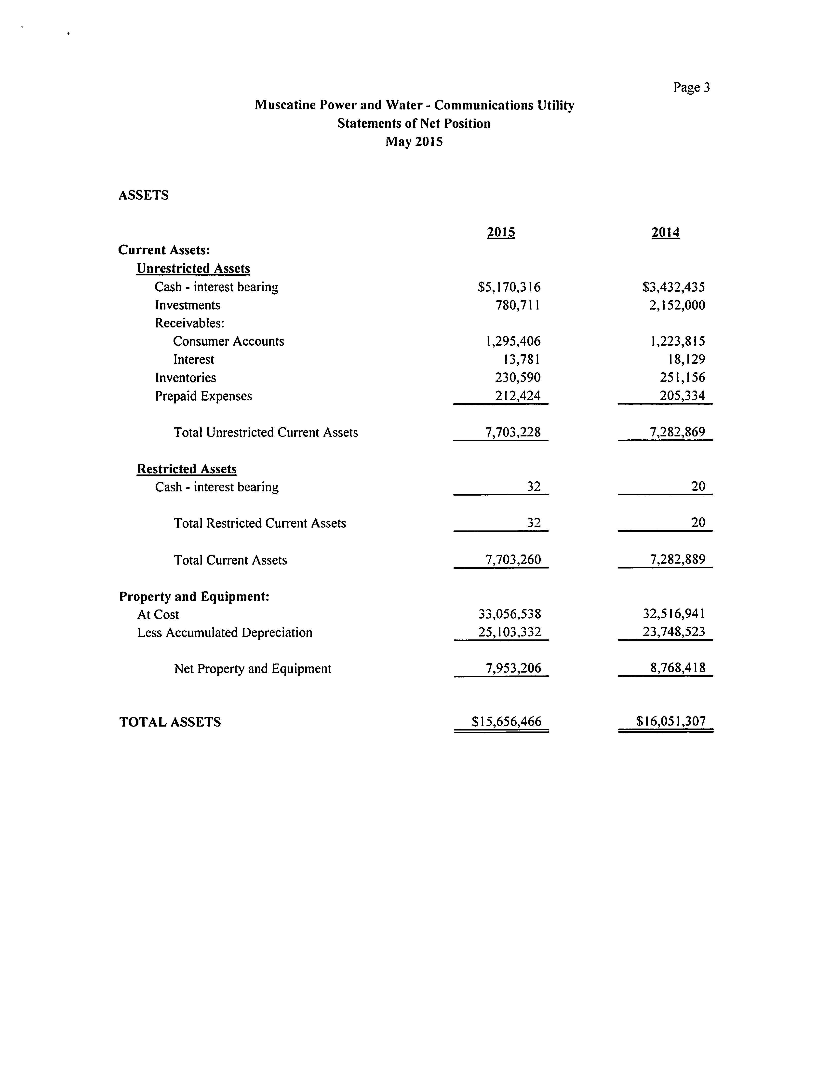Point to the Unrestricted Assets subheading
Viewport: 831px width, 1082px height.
[193, 269]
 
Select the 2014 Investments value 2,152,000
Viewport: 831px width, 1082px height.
[677, 305]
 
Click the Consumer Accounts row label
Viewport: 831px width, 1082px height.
[228, 341]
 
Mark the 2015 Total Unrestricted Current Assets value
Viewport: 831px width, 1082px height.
[513, 433]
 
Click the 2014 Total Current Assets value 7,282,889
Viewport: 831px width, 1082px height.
[677, 560]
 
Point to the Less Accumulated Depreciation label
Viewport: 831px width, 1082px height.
[225, 633]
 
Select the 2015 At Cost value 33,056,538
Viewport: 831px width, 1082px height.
[509, 614]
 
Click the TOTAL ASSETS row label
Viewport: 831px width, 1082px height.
[170, 722]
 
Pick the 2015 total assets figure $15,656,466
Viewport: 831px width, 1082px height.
[507, 722]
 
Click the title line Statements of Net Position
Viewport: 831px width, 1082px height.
[414, 124]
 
